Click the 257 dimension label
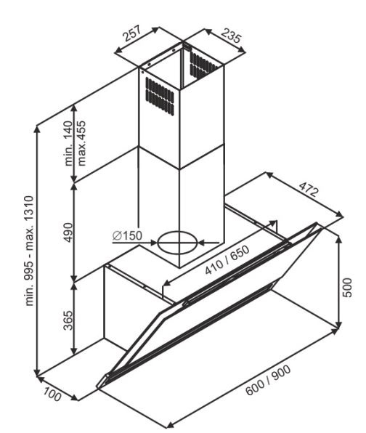coord(132,33)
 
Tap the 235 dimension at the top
coord(232,36)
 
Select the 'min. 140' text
coord(68,143)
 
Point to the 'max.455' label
coord(82,143)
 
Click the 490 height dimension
coord(68,232)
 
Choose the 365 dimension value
coord(68,320)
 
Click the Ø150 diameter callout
coord(127,235)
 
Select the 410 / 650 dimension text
coord(227,260)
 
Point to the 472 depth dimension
coord(309,189)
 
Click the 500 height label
coord(348,288)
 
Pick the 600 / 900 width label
coord(268,380)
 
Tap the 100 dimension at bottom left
coord(52,394)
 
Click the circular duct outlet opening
coord(178,243)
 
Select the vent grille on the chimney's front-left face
coord(160,96)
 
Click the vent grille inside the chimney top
coord(204,65)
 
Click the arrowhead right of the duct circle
coord(203,243)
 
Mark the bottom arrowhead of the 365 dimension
coord(73,351)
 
